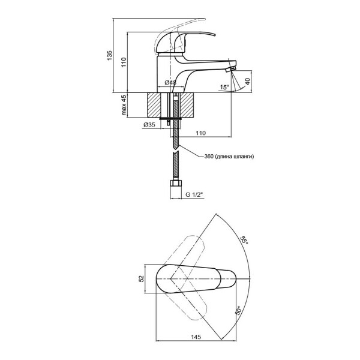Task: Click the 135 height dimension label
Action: click(110, 56)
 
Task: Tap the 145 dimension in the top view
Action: click(196, 337)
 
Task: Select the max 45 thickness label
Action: click(124, 105)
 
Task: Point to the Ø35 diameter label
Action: click(149, 125)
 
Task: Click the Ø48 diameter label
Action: click(170, 82)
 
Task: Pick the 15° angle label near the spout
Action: click(224, 87)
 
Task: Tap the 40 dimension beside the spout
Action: click(247, 82)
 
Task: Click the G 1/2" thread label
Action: click(194, 194)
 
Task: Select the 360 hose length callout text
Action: click(229, 157)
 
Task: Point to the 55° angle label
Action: click(244, 241)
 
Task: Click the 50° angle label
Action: click(238, 310)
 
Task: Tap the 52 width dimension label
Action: click(142, 279)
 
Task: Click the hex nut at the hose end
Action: click(176, 184)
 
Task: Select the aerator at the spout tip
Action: click(230, 70)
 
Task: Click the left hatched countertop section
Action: click(154, 105)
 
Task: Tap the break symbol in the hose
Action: click(176, 151)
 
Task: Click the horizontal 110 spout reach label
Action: click(200, 133)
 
